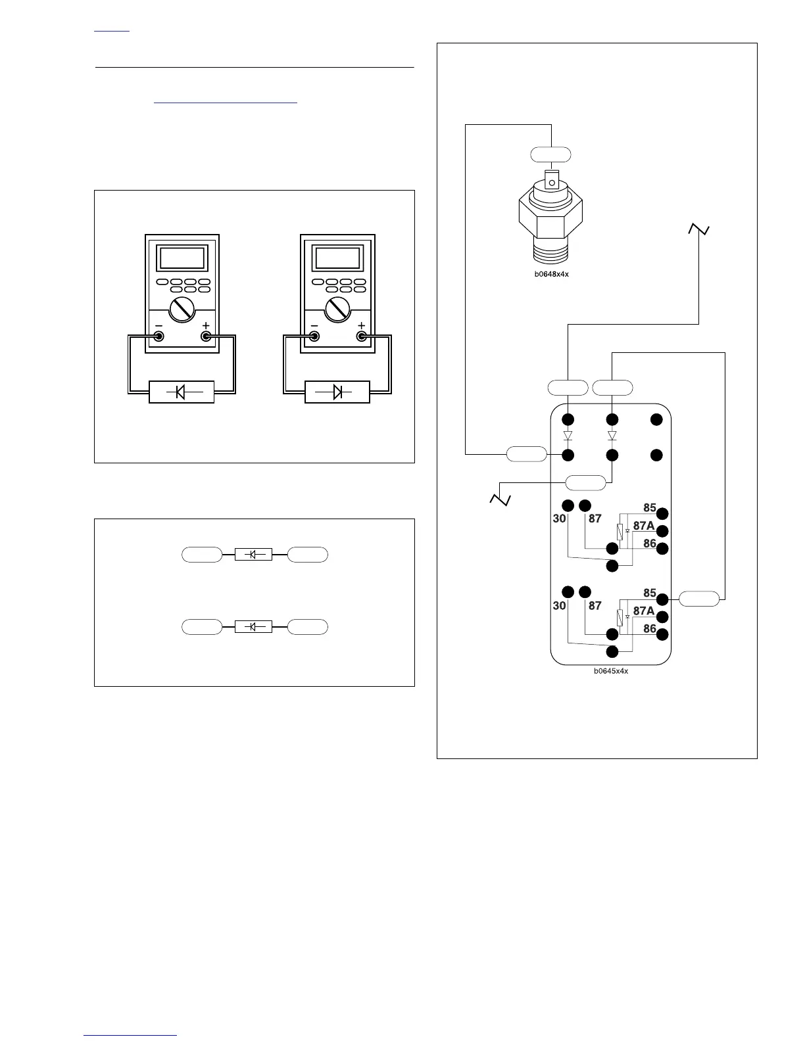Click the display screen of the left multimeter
click(182, 258)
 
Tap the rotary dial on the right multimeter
click(337, 309)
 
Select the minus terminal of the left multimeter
click(159, 336)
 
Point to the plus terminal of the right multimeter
click(361, 336)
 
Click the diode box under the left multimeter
click(182, 392)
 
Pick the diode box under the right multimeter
click(337, 392)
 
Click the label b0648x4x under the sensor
click(551, 274)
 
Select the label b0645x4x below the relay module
click(611, 671)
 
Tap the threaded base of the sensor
click(551, 253)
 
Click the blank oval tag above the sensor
click(550, 154)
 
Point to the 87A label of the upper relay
click(644, 526)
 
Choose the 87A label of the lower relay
click(644, 611)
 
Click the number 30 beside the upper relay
click(559, 519)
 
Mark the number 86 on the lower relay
click(650, 628)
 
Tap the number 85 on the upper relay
click(650, 507)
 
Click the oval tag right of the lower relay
click(699, 599)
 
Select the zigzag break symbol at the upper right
click(698, 229)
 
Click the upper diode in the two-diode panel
click(254, 555)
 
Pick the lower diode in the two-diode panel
click(254, 627)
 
